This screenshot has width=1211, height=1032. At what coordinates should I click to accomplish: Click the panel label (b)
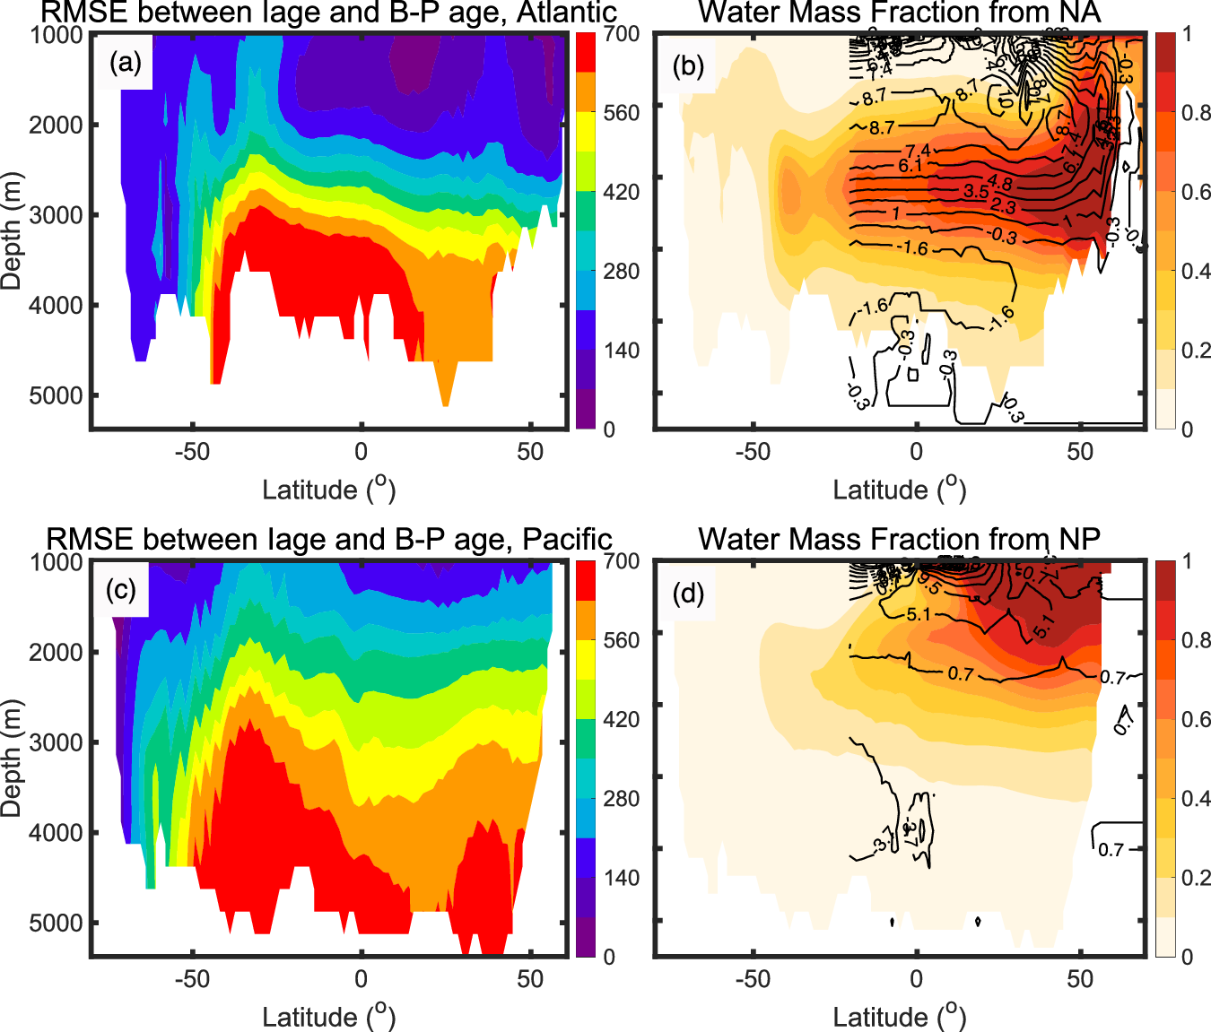[688, 65]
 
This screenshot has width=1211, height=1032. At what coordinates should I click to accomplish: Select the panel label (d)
[688, 593]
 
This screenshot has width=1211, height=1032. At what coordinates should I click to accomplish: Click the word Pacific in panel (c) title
[567, 539]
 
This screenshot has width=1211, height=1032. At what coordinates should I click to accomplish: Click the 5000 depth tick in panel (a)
[57, 395]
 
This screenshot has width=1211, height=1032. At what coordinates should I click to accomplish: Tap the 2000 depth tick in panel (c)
[57, 652]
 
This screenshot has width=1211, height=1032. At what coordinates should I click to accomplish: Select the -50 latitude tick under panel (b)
[752, 452]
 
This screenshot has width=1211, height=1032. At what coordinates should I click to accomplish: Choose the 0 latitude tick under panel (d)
[916, 979]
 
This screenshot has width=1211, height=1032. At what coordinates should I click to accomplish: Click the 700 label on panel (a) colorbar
[621, 34]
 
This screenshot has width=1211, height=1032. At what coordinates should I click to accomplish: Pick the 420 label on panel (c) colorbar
[621, 719]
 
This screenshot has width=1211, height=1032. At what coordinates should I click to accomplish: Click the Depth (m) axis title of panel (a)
[12, 230]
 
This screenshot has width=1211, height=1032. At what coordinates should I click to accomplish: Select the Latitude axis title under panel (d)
[899, 1016]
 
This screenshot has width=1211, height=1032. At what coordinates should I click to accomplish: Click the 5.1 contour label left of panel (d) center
[919, 615]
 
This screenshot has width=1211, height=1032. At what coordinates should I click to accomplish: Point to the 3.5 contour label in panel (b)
[976, 191]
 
